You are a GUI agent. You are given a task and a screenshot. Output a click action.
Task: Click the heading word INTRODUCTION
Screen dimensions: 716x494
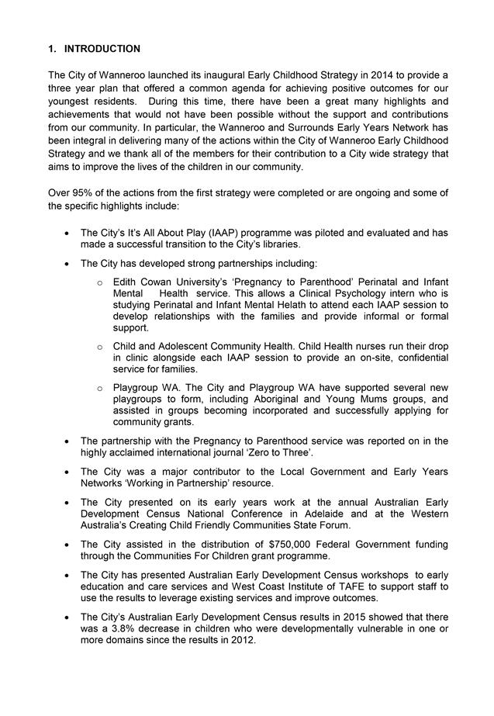(102, 49)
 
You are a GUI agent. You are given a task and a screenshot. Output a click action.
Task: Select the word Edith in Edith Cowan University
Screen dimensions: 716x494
(125, 281)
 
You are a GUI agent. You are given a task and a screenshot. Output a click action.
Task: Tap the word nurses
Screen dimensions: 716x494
(351, 346)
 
